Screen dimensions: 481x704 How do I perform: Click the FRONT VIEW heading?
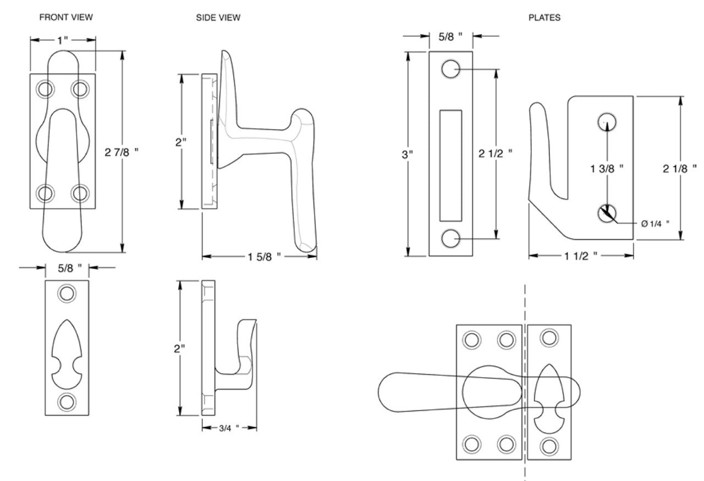(x=66, y=18)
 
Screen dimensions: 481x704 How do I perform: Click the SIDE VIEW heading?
(x=218, y=18)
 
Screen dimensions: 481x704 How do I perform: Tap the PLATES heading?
(x=544, y=18)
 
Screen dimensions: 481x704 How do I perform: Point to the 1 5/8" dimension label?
(x=263, y=256)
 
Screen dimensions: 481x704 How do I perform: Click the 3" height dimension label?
(x=407, y=154)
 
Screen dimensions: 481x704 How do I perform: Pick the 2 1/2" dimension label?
(x=495, y=154)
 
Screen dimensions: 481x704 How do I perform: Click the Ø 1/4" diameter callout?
(x=655, y=223)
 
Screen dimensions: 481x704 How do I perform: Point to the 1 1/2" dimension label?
(x=580, y=256)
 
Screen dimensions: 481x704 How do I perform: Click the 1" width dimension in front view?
(x=63, y=40)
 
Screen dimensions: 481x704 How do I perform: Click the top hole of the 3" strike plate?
(x=450, y=69)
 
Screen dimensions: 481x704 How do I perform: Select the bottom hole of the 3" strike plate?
(x=450, y=239)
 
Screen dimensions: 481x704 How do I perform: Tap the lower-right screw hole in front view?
(x=80, y=193)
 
